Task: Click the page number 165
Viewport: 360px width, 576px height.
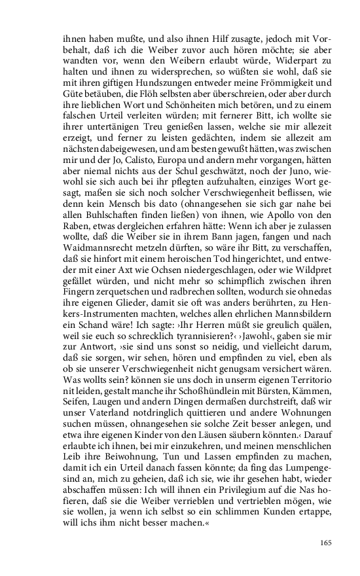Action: (x=326, y=543)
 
